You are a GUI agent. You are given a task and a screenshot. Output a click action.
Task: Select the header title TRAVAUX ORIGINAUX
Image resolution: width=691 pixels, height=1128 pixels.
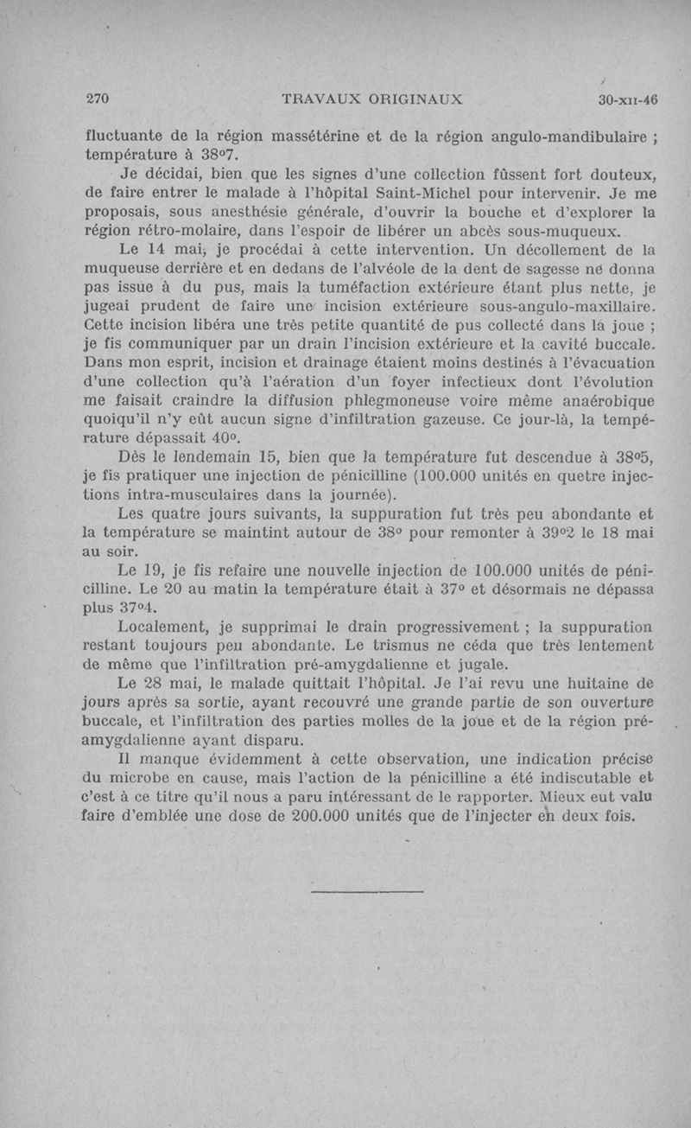tap(372, 99)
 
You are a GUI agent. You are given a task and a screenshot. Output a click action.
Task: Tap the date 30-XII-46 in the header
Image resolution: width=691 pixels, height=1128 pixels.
tap(627, 99)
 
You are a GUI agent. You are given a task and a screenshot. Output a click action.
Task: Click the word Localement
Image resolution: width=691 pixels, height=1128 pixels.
tap(165, 628)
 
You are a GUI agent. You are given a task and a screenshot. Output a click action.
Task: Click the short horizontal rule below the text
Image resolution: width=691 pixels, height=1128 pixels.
tap(366, 890)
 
